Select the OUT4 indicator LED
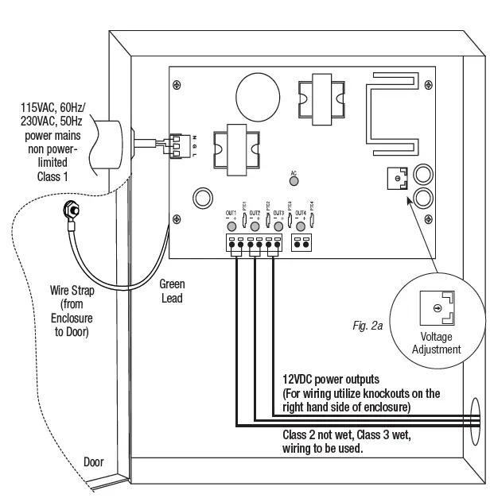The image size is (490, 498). [x=301, y=226]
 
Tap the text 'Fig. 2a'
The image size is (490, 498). [x=367, y=325]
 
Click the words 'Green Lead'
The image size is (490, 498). [x=171, y=291]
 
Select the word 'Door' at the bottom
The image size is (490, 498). [x=93, y=461]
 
